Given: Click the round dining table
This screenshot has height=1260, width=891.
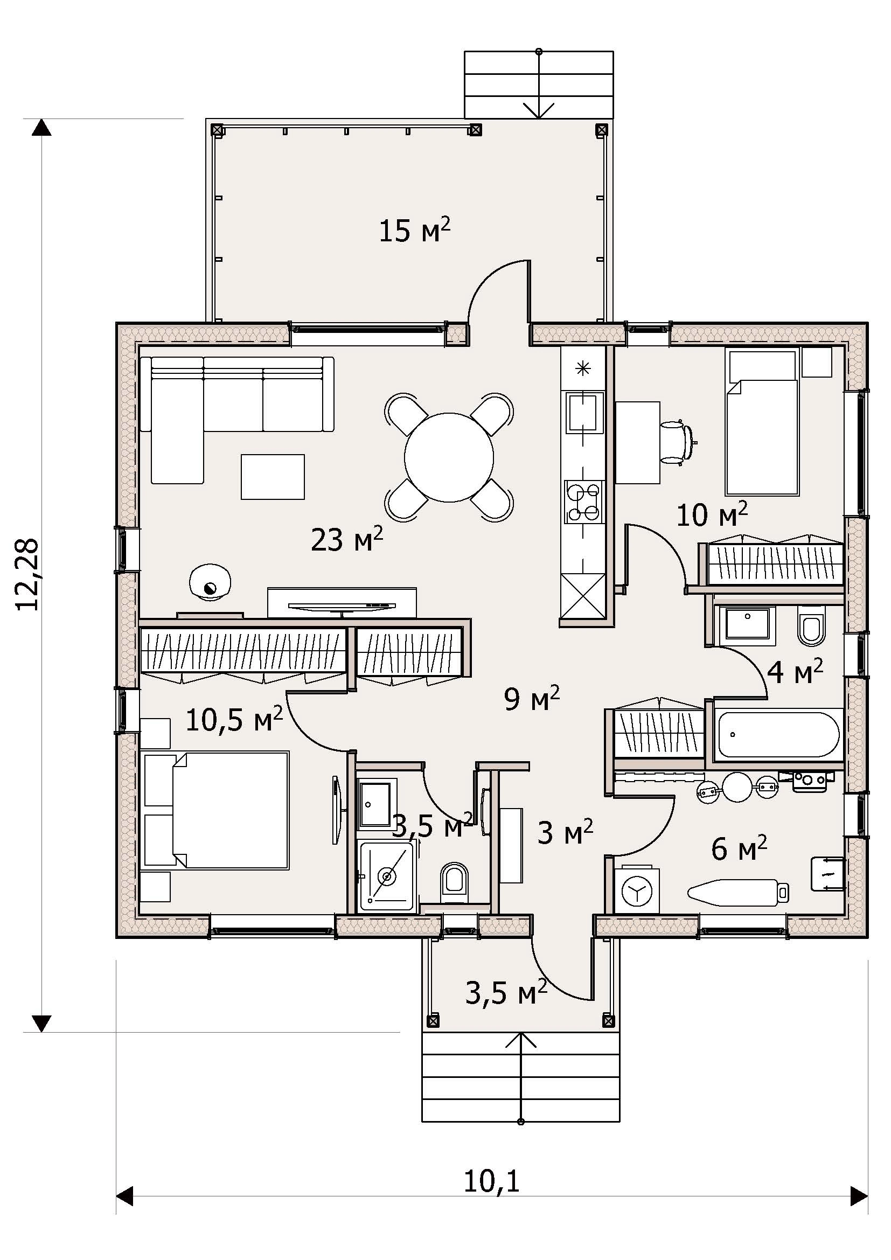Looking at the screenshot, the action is tap(449, 457).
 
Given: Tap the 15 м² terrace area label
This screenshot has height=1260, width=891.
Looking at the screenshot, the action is tap(415, 230).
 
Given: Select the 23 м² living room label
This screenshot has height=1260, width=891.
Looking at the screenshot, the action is tap(347, 539).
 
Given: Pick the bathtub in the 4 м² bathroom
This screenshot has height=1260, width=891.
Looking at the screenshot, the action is tap(778, 734).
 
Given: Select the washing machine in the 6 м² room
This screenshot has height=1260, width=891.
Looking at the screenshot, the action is tap(636, 891).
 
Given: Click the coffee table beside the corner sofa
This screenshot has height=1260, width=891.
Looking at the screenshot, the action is tap(273, 476).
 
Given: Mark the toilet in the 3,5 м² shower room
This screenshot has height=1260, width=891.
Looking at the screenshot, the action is tap(455, 880).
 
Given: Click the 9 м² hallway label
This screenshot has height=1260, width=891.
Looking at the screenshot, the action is tap(532, 699).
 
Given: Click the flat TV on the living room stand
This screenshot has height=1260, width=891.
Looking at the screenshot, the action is tap(341, 605).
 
